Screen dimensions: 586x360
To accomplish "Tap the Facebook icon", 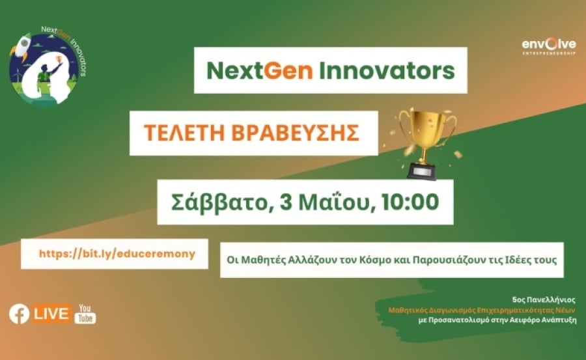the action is [x=19, y=314].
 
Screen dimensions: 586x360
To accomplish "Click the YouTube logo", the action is [x=85, y=314].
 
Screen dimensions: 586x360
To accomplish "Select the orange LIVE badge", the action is [x=51, y=314].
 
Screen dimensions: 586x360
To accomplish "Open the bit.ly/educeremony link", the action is [x=117, y=254].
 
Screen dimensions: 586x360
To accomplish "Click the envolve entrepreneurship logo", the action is [x=549, y=46].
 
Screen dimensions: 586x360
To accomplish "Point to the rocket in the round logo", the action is [x=21, y=46].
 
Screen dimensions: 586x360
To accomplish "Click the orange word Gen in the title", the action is [x=288, y=71].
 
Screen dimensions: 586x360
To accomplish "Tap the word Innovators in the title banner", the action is [x=387, y=71].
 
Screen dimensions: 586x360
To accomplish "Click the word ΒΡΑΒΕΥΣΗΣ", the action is [x=295, y=133].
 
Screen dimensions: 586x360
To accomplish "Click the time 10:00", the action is [x=410, y=202].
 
